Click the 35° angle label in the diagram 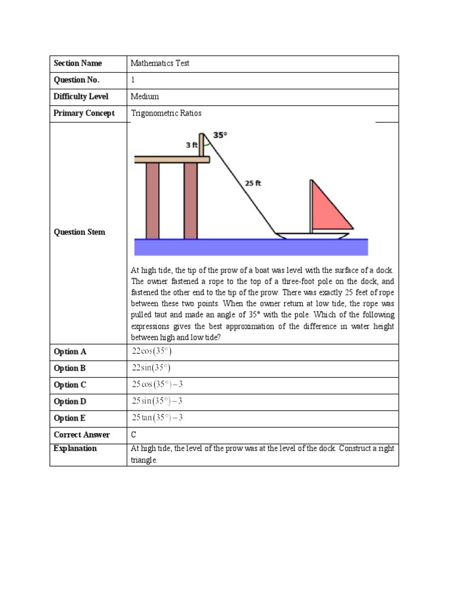(220, 135)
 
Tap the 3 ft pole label (191, 145)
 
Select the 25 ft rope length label (253, 183)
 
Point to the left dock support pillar (152, 200)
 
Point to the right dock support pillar (190, 200)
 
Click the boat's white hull (312, 236)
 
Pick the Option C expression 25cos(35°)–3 (157, 385)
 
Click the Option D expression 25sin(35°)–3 (157, 402)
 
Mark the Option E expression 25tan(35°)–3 (157, 418)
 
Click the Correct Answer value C (134, 435)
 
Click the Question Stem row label (79, 232)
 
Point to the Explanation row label (75, 449)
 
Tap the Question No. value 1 (133, 80)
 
